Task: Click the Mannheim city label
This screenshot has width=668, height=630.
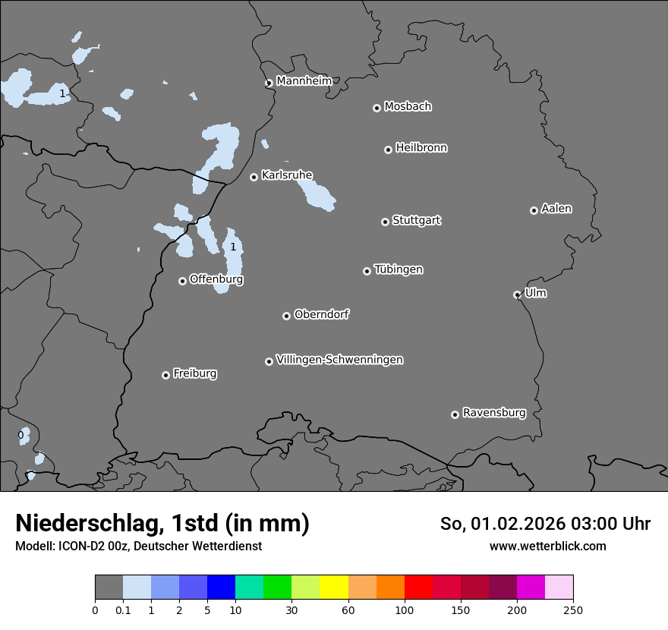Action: point(304,80)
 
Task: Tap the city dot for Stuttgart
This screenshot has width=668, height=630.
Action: point(385,222)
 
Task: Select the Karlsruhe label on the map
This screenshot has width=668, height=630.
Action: point(287,175)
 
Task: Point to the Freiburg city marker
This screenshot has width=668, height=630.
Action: point(165,375)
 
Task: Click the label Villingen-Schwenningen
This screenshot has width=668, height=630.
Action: point(339,360)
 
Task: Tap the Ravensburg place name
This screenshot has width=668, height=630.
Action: point(494,413)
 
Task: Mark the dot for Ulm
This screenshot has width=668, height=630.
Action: point(517,295)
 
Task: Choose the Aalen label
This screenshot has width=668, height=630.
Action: point(556,209)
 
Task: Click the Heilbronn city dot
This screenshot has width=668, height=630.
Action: point(388,150)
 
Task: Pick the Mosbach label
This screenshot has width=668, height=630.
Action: point(408,107)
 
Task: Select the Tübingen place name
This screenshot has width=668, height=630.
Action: point(399,269)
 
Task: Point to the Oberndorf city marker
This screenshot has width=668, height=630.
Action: point(286,316)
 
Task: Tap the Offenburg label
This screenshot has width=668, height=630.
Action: point(216,279)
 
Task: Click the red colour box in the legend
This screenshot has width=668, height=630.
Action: point(418,587)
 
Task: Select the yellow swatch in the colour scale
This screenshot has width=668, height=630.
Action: point(334,587)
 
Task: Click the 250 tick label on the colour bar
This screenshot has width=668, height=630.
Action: point(573,610)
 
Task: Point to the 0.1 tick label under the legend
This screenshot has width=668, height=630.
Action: point(123,610)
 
